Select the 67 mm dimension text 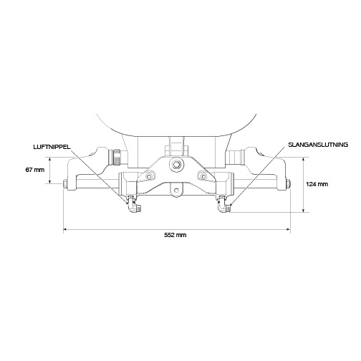tap(34, 170)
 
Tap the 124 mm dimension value tap(317, 184)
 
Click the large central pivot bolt tap(174, 165)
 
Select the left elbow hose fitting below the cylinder tap(133, 206)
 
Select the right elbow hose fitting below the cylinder tap(222, 206)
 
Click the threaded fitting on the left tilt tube tap(115, 156)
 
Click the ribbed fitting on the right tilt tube tap(236, 156)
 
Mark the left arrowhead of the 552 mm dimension tap(67, 230)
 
